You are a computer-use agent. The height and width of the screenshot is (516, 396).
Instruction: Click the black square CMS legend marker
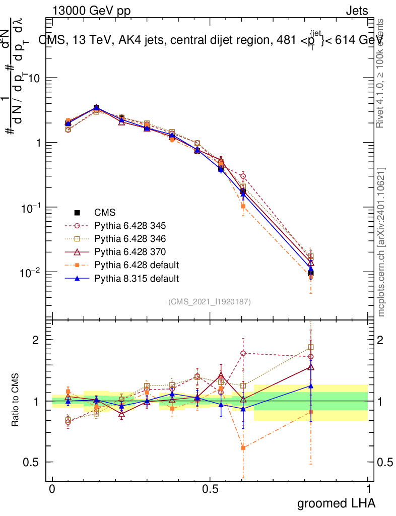[x=77, y=212]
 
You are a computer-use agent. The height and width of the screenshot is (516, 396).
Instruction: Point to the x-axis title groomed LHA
[x=336, y=503]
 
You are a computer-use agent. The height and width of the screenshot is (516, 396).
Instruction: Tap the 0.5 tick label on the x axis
[x=210, y=489]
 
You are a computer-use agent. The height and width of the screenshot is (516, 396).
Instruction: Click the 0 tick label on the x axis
[x=52, y=489]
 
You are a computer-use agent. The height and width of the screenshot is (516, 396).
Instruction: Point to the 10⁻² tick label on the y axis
[x=31, y=272]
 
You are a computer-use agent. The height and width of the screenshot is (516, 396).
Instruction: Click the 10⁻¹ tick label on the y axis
[x=31, y=208]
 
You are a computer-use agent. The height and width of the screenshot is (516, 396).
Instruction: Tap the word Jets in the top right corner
[x=356, y=11]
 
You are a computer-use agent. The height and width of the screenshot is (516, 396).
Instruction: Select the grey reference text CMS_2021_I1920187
[x=210, y=301]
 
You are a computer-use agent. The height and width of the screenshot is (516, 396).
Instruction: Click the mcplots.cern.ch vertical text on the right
[x=381, y=242]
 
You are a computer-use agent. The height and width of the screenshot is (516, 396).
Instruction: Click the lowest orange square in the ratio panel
[x=243, y=447]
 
